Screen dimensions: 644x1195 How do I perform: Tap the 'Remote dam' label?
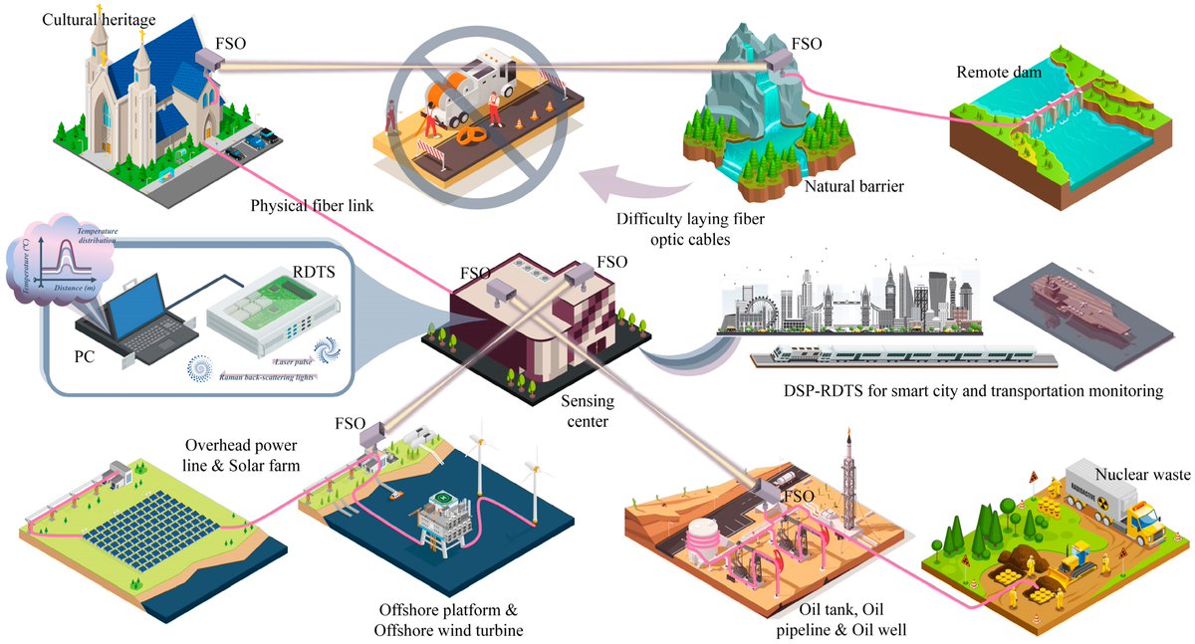(998, 72)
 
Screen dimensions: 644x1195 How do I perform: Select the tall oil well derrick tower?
(847, 478)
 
